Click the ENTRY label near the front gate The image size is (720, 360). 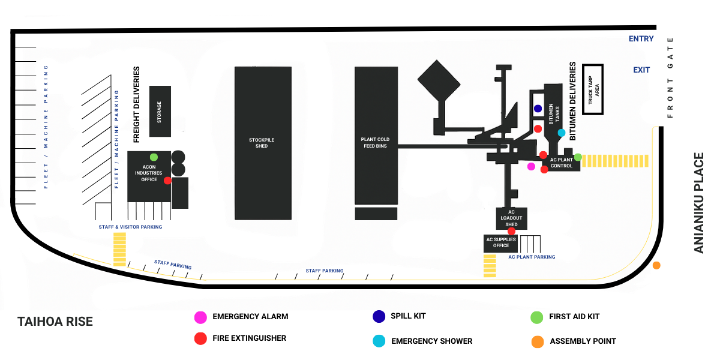[641, 39]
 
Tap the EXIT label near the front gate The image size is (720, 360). [641, 70]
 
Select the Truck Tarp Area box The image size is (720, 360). [592, 89]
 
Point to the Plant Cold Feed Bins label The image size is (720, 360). [376, 143]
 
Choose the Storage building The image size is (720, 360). [160, 111]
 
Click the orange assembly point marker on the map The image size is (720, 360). [656, 265]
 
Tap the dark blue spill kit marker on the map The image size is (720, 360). [538, 109]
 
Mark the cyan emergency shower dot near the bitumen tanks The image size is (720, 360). [562, 133]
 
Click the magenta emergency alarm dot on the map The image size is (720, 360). [531, 166]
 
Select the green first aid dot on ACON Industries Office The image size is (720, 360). [154, 157]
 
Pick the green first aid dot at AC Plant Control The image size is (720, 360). [578, 157]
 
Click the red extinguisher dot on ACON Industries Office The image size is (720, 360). [167, 181]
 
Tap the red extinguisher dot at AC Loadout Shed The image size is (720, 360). [512, 231]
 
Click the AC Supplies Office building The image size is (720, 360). [501, 242]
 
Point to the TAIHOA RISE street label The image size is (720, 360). [55, 322]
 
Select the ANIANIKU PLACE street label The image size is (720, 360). [699, 203]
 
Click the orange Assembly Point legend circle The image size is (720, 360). [537, 341]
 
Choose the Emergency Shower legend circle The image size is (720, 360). [379, 341]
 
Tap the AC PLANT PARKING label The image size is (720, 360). [532, 257]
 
